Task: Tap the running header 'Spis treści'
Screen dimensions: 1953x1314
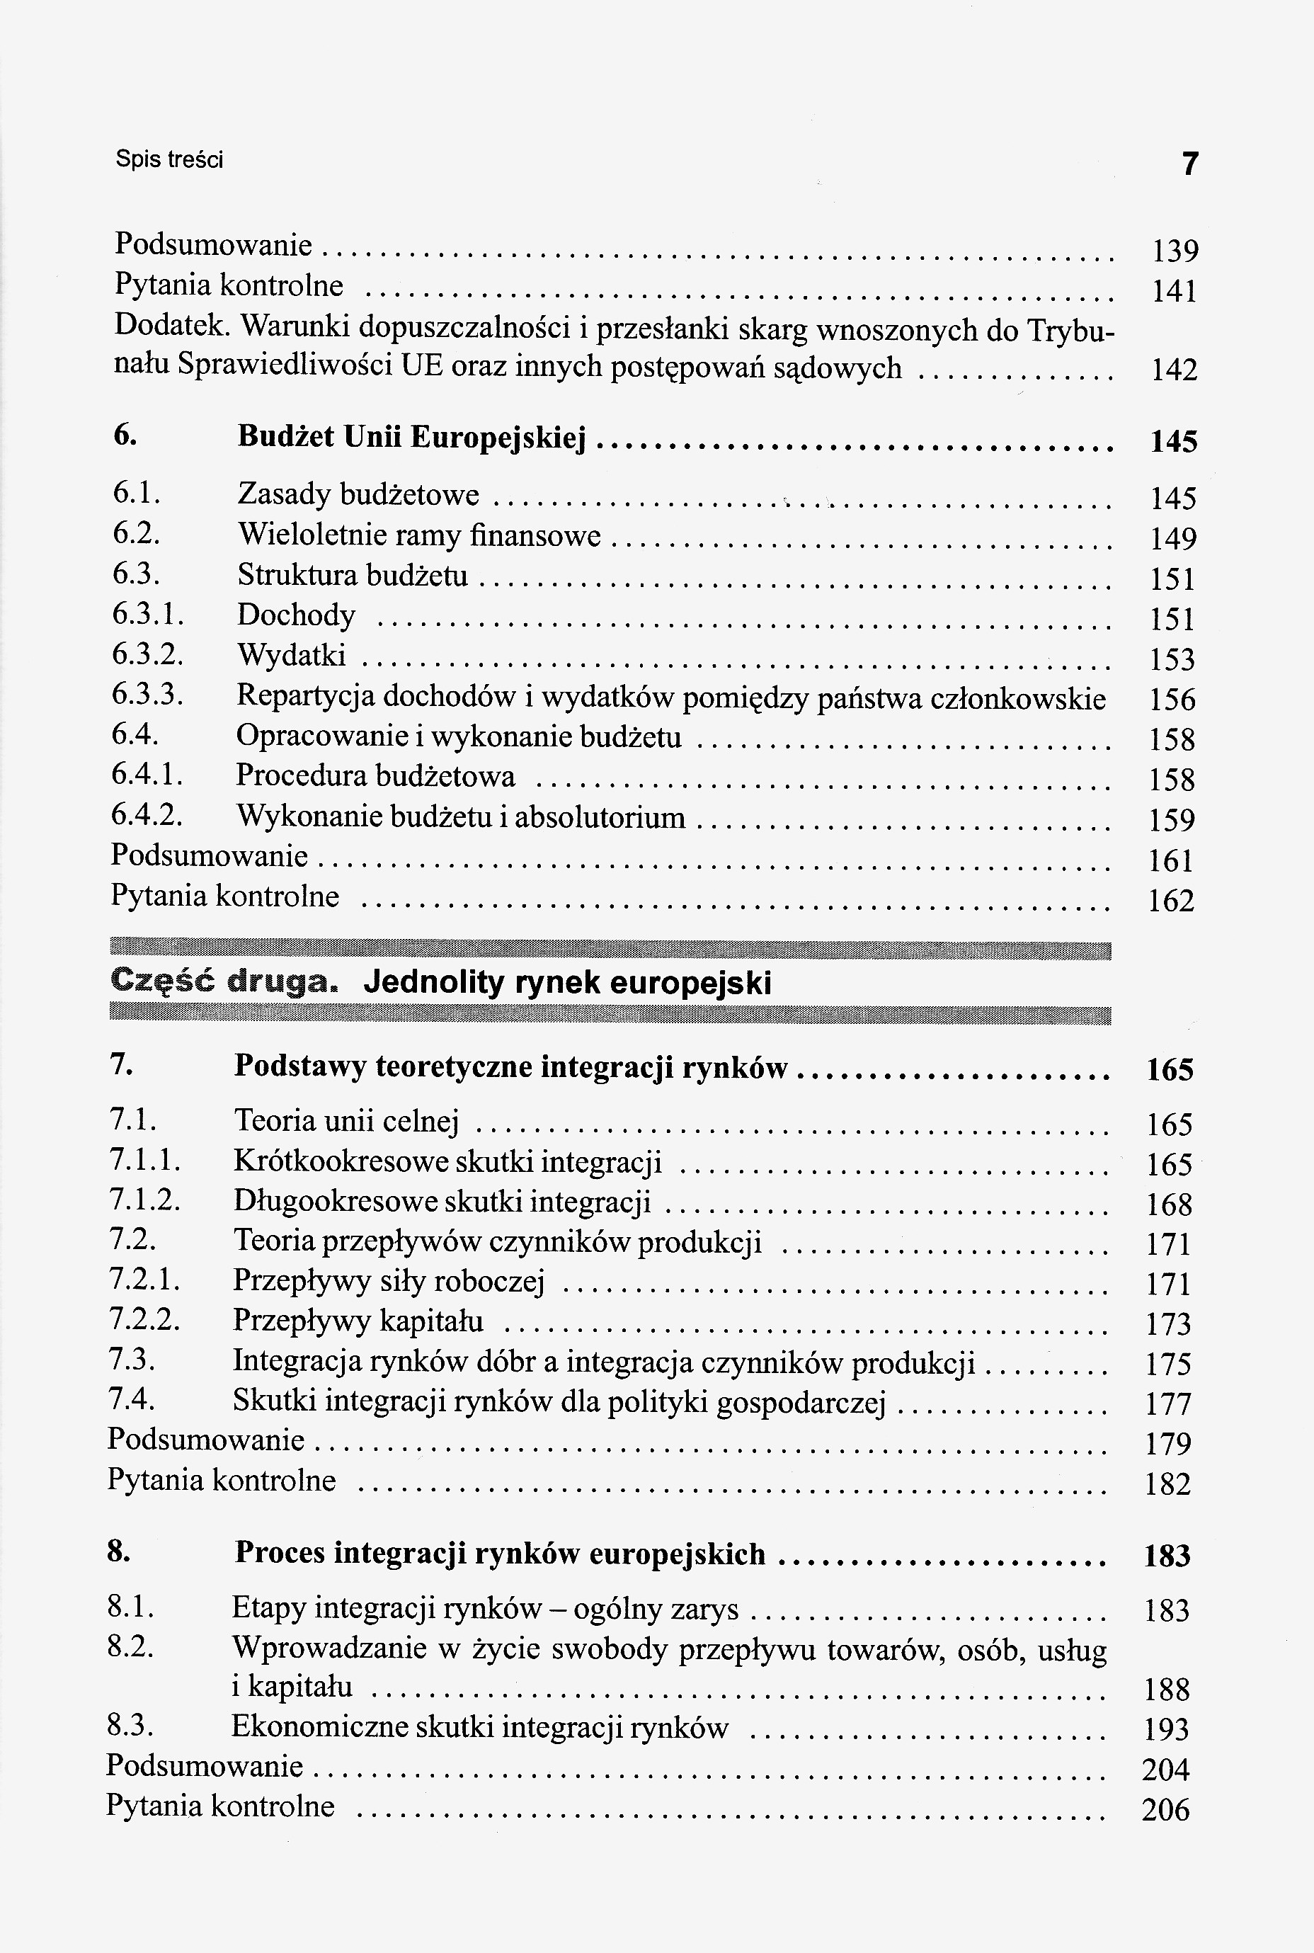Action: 169,159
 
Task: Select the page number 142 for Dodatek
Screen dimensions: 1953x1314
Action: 1174,370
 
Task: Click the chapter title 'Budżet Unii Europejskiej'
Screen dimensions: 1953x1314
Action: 411,438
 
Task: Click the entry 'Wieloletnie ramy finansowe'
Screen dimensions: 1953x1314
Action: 419,535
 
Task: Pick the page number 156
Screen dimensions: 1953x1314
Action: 1172,700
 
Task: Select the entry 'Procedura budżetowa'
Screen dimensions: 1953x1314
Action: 375,776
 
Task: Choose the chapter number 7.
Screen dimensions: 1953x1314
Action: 120,1064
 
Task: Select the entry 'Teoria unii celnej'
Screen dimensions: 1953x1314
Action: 346,1121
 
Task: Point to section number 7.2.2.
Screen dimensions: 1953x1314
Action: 144,1321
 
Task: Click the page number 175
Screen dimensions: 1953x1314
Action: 1168,1365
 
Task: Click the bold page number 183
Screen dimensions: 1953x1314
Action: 1167,1556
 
